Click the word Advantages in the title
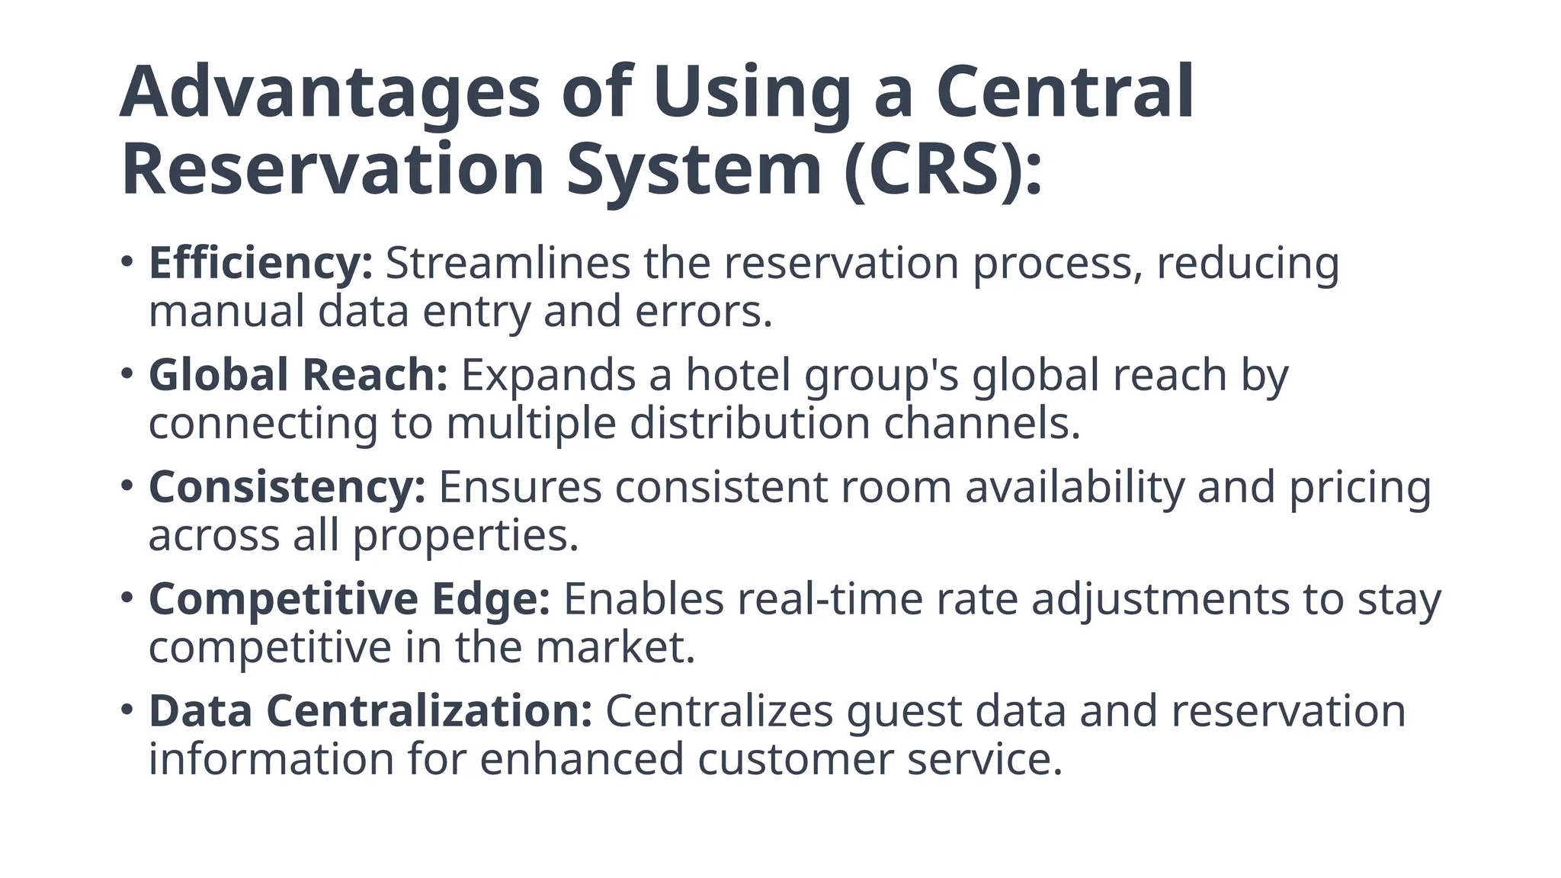pyautogui.click(x=329, y=93)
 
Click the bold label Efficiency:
pyautogui.click(x=261, y=264)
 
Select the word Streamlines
pyautogui.click(x=508, y=264)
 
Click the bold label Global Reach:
pyautogui.click(x=298, y=375)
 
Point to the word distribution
pyautogui.click(x=749, y=424)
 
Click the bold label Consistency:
pyautogui.click(x=287, y=487)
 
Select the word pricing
pyautogui.click(x=1360, y=489)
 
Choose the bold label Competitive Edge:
pyautogui.click(x=349, y=599)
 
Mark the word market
pyautogui.click(x=614, y=648)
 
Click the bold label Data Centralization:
pyautogui.click(x=370, y=711)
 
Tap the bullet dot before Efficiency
pyautogui.click(x=127, y=262)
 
